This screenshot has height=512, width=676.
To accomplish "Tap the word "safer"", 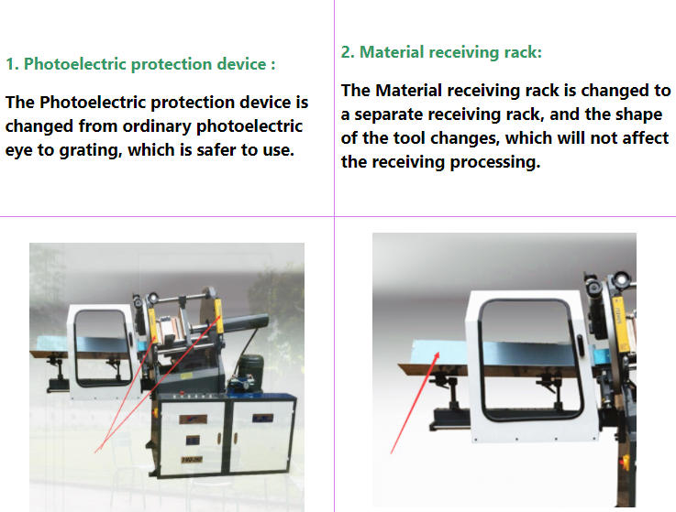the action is pyautogui.click(x=216, y=150).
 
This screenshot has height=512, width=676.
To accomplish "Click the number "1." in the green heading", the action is pyautogui.click(x=12, y=64).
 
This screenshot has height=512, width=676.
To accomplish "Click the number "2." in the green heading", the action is pyautogui.click(x=348, y=52).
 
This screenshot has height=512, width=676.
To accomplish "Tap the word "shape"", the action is pyautogui.click(x=638, y=115).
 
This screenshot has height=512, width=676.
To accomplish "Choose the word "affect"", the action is pyautogui.click(x=645, y=138).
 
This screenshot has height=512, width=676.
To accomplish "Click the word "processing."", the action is pyautogui.click(x=495, y=162).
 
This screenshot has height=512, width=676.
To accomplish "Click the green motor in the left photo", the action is pyautogui.click(x=251, y=368).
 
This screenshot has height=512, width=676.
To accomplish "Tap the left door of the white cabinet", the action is pyautogui.click(x=193, y=436).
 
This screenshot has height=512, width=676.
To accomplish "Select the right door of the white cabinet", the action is pyautogui.click(x=261, y=435).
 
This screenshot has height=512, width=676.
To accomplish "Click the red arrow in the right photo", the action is pyautogui.click(x=415, y=403).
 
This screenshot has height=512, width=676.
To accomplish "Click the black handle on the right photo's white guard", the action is pyautogui.click(x=580, y=345).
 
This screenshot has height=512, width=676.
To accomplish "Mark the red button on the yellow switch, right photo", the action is pyautogui.click(x=624, y=463).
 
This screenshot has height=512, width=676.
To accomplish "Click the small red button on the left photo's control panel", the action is pyautogui.click(x=183, y=393).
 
